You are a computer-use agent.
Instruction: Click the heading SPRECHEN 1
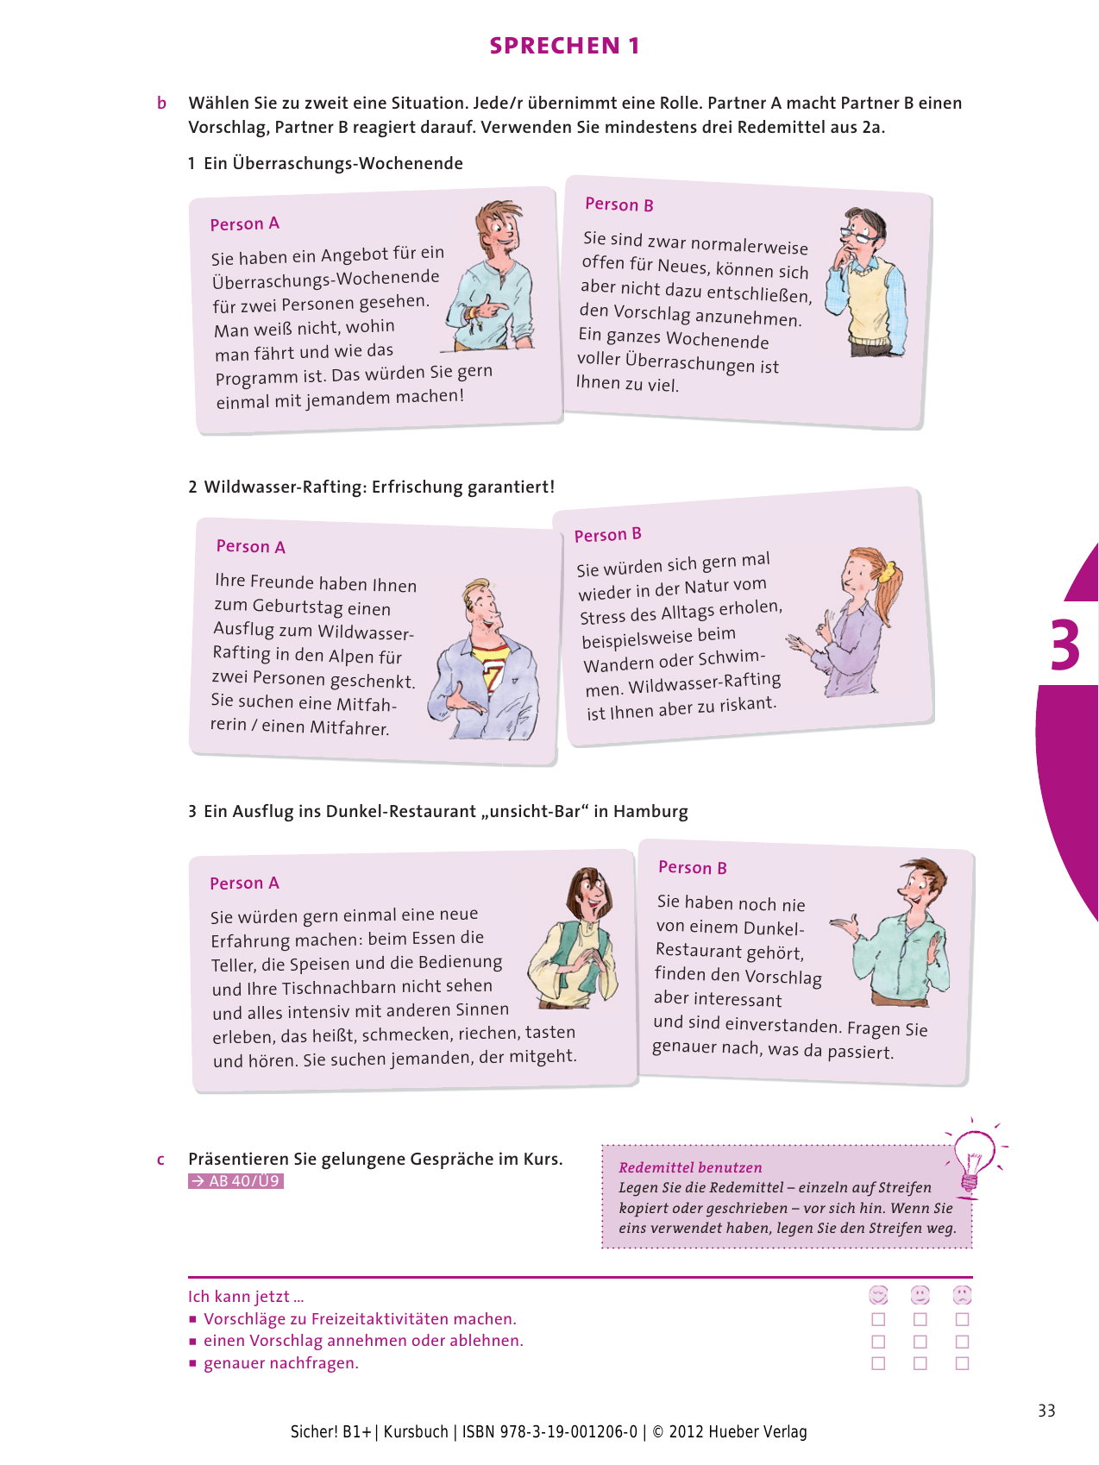(x=565, y=46)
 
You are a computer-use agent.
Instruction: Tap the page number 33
(x=1046, y=1411)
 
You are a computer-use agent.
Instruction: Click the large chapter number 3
(x=1065, y=644)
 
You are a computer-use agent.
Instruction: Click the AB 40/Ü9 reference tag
(x=235, y=1181)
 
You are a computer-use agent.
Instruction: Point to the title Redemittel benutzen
(x=690, y=1167)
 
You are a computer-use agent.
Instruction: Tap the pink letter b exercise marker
(x=161, y=104)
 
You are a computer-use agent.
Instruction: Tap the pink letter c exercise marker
(x=160, y=1160)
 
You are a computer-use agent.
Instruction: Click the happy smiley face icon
(x=878, y=1295)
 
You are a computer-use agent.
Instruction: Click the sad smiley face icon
(x=962, y=1295)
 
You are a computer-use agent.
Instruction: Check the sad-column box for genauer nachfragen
(x=963, y=1364)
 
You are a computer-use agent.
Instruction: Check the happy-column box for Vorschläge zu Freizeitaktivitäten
(x=878, y=1319)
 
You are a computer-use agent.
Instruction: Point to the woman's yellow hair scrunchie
(x=885, y=570)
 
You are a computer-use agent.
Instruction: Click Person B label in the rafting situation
(x=608, y=535)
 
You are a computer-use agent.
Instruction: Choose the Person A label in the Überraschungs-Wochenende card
(x=245, y=224)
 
